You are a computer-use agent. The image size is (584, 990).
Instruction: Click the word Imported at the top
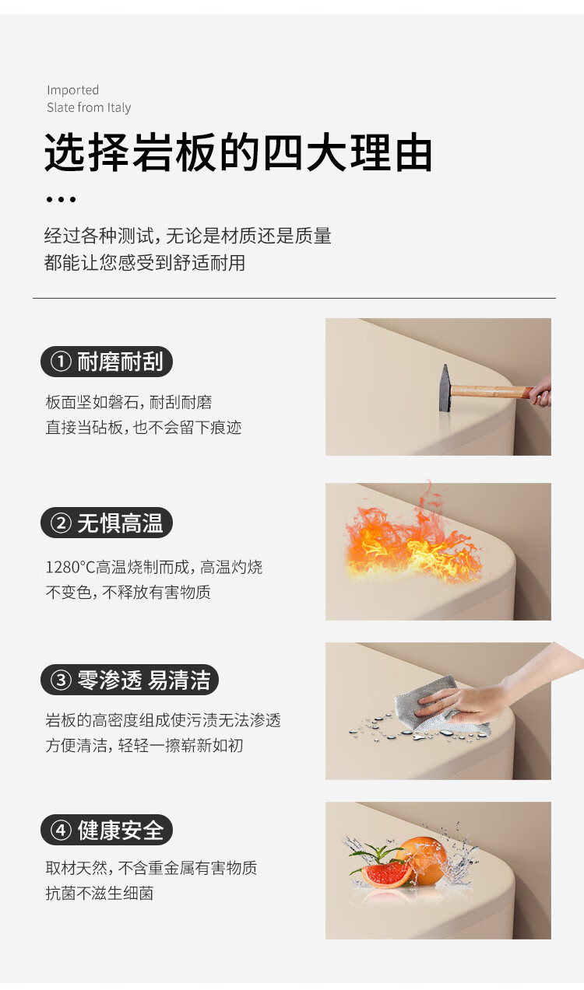(x=73, y=90)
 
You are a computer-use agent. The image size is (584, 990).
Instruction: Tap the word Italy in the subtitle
(x=119, y=107)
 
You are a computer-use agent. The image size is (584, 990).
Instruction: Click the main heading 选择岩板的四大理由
(x=238, y=152)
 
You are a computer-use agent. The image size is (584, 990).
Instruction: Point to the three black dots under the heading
(x=61, y=199)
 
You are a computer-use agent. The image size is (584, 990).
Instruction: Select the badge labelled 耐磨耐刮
(x=107, y=362)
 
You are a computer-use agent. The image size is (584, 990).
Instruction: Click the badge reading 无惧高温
(x=107, y=523)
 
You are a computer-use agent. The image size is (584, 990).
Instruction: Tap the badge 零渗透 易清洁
(x=129, y=680)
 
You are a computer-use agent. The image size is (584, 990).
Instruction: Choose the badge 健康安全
(x=107, y=830)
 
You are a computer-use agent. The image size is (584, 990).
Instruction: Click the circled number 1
(x=61, y=362)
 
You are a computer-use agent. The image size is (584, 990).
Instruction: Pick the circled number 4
(x=61, y=830)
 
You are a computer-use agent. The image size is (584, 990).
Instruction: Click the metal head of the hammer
(x=445, y=388)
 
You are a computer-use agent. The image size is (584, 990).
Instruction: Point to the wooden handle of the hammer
(x=491, y=391)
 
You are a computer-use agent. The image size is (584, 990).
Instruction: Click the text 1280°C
(x=70, y=567)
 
